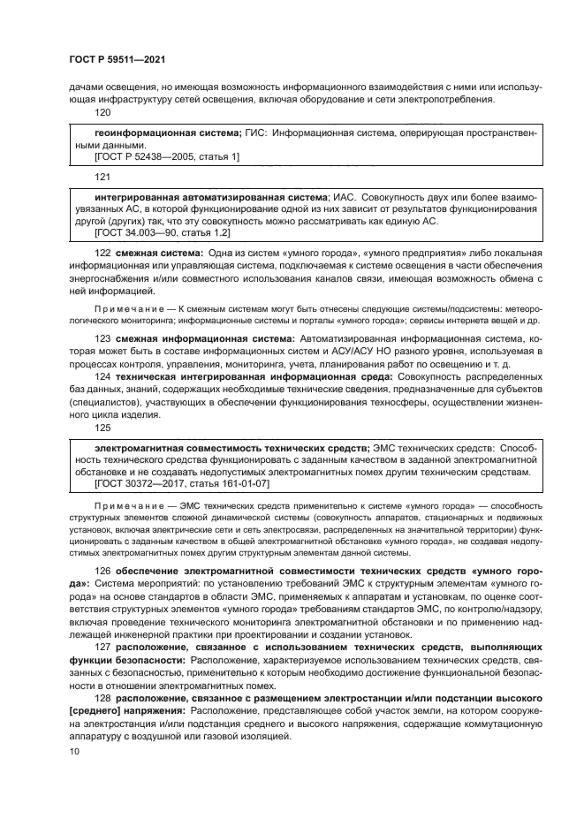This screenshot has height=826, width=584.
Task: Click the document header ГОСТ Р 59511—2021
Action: click(118, 58)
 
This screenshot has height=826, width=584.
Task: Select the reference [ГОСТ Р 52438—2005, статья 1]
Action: click(166, 155)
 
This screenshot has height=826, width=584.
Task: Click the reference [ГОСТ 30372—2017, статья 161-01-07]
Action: click(181, 484)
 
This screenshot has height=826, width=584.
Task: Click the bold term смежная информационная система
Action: click(196, 338)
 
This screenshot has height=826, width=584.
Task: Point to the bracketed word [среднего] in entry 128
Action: click(94, 711)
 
